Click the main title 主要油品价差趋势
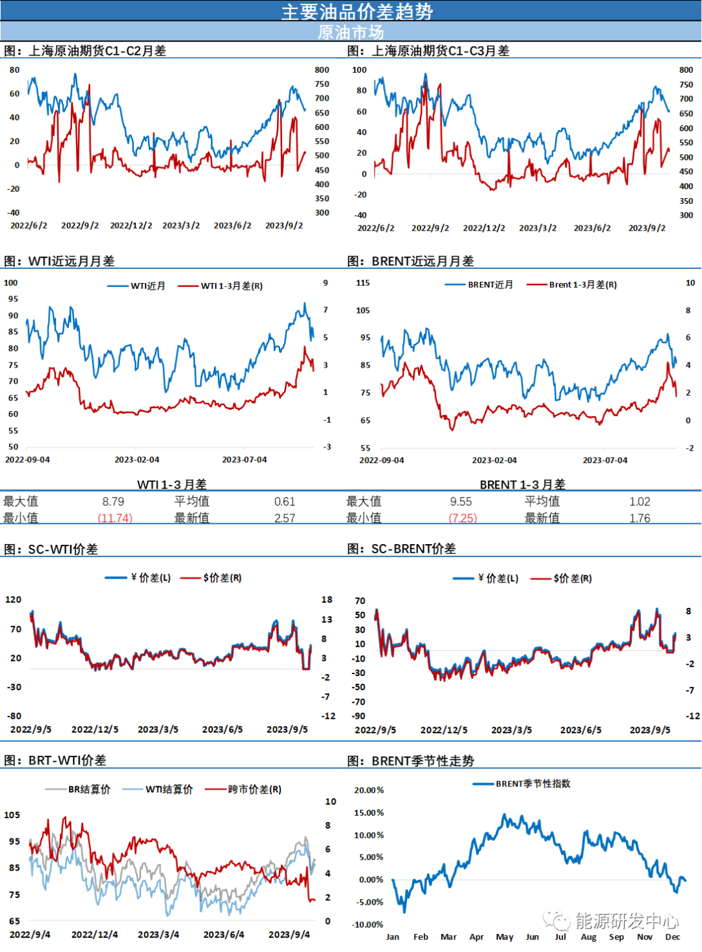[x=357, y=11]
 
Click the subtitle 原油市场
[x=351, y=32]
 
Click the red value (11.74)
[x=115, y=518]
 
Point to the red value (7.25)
[x=463, y=518]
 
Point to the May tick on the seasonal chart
[x=504, y=936]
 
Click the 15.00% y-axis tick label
[x=369, y=812]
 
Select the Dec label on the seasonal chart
[x=673, y=936]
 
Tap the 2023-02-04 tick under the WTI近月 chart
[x=136, y=459]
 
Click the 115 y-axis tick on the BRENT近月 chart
[x=363, y=282]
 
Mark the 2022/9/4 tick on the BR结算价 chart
[x=29, y=934]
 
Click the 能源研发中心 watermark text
[x=627, y=920]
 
